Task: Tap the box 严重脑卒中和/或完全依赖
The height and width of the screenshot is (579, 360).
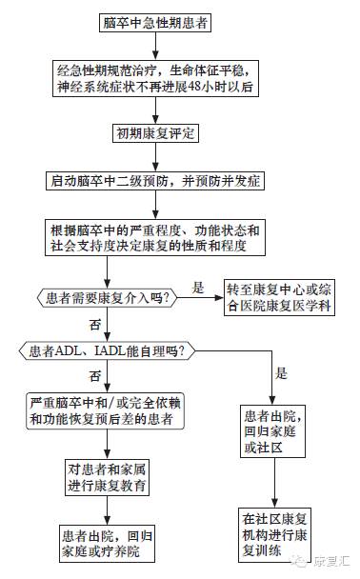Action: click(106, 409)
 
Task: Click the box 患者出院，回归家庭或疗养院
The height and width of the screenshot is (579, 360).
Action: click(106, 540)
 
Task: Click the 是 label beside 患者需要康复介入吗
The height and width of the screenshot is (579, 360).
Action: click(200, 287)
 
